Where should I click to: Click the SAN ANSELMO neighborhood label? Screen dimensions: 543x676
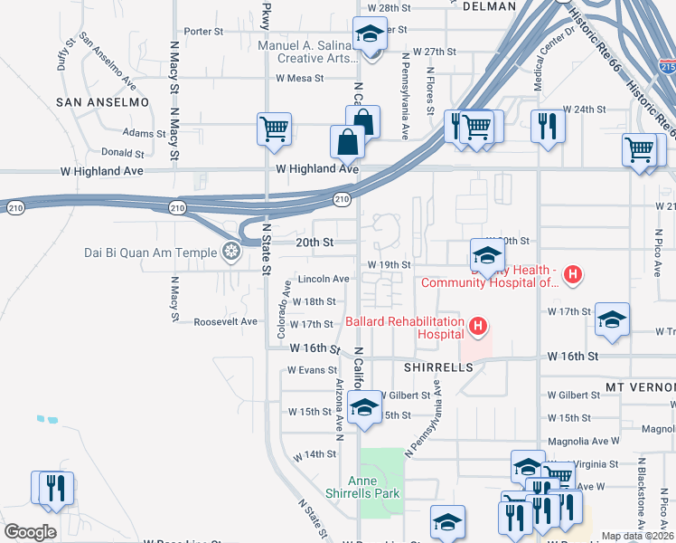pos(102,102)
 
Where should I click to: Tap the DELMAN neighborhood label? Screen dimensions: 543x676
pos(488,6)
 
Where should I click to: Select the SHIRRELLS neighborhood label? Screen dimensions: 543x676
pos(438,368)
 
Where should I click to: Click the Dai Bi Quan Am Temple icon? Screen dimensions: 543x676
pos(232,251)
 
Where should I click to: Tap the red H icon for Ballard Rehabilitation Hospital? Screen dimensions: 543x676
pos(479,324)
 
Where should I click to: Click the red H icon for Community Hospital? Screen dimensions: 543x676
pos(571,273)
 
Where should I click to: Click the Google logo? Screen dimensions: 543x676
pos(30,532)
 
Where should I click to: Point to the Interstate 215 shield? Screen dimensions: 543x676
pos(668,67)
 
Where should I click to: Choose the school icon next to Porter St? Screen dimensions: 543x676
pos(370,34)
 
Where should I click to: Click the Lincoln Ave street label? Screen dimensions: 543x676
pos(324,279)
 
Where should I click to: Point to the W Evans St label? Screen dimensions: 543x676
pos(312,370)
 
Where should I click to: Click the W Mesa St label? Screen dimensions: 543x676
pos(299,79)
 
